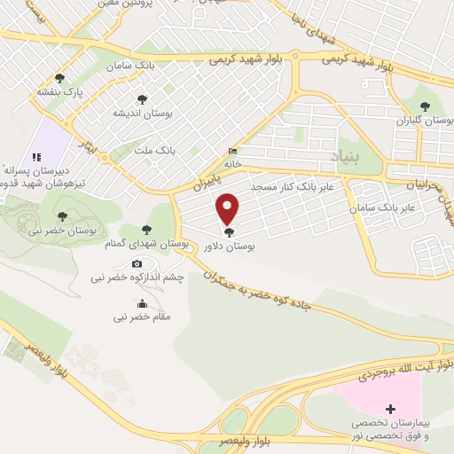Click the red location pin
(229, 207)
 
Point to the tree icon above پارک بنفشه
(60, 78)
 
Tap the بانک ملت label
(154, 152)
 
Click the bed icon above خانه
(232, 151)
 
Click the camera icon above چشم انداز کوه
(137, 263)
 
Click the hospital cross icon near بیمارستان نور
(387, 408)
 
